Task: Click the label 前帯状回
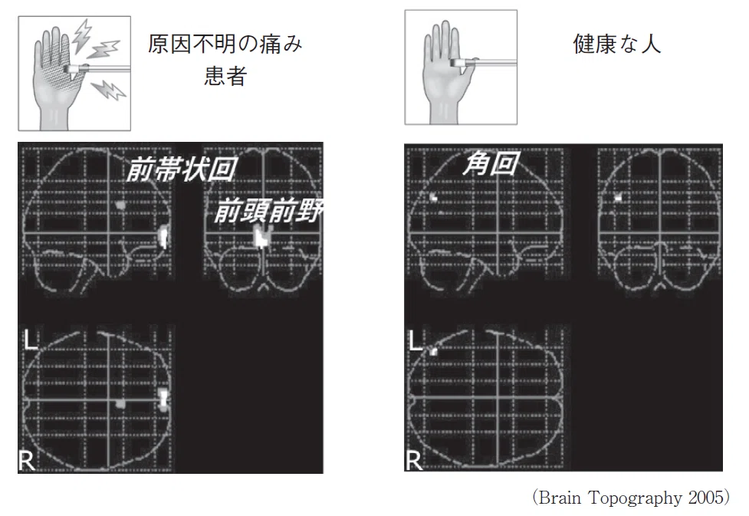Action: point(182,169)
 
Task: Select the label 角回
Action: point(491,163)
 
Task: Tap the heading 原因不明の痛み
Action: point(225,44)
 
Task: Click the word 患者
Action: point(225,76)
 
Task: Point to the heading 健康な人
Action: point(617,44)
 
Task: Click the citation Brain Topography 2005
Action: point(631,498)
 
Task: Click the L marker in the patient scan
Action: point(31,340)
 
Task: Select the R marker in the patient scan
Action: point(27,461)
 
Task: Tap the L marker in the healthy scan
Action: point(416,340)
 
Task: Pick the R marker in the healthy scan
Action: point(414,461)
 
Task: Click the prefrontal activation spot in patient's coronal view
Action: point(261,236)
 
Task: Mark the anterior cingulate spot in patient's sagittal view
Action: point(121,205)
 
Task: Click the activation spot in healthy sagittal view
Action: point(434,196)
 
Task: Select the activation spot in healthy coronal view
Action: point(619,196)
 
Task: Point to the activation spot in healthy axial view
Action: point(434,352)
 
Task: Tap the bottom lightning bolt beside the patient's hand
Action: point(108,90)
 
